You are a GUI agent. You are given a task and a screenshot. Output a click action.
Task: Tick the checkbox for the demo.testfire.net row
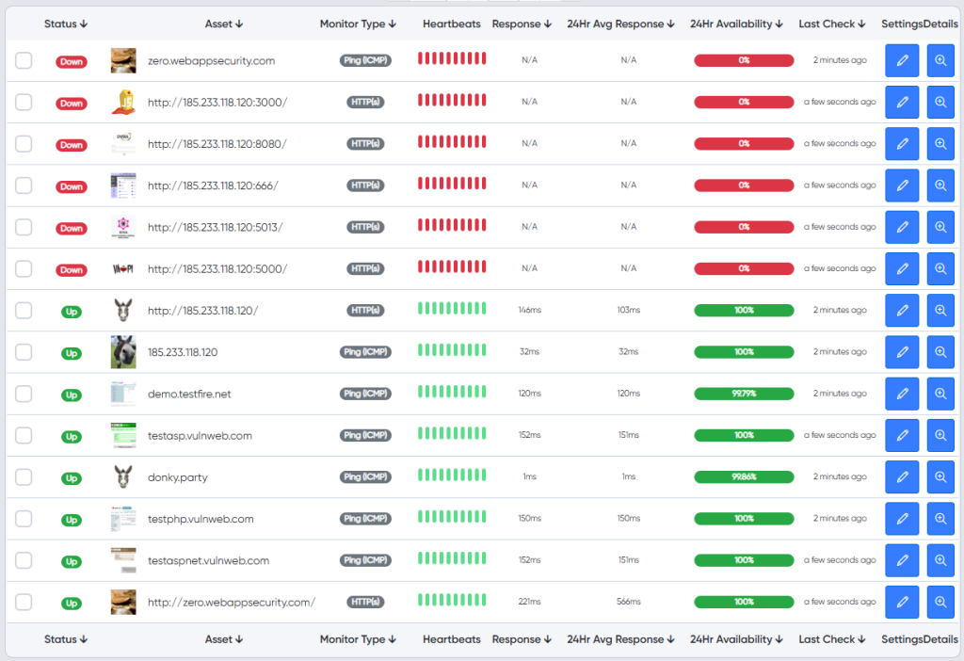24,394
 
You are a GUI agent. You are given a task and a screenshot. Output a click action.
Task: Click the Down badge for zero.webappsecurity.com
72,61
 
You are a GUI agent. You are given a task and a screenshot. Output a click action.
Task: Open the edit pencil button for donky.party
902,476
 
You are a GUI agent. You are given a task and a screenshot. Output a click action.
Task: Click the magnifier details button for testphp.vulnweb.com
940,518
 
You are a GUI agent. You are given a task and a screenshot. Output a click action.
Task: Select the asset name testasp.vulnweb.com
200,435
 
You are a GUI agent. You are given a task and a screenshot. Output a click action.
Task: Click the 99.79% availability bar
744,394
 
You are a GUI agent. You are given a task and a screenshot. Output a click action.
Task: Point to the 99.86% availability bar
744,476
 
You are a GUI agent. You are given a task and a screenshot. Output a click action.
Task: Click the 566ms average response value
628,602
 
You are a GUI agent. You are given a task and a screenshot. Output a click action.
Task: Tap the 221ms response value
529,602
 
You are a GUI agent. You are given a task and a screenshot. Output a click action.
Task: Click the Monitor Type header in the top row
358,24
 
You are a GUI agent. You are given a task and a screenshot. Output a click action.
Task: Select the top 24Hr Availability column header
736,24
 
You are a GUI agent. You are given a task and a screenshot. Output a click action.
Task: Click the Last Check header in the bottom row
832,639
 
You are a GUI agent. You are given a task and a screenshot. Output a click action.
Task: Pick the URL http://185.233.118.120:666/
213,185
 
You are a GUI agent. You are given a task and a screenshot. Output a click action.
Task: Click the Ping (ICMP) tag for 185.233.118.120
365,352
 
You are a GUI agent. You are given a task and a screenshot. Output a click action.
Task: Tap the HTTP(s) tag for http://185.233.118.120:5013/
365,227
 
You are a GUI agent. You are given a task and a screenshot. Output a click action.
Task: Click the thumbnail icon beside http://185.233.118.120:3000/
123,102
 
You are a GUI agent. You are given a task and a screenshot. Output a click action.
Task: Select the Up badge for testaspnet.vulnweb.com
72,561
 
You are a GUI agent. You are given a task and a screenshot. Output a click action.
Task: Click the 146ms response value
529,310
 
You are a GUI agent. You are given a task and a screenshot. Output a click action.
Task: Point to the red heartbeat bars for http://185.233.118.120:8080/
452,142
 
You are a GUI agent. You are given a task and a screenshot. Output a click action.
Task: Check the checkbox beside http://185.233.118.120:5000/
24,268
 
